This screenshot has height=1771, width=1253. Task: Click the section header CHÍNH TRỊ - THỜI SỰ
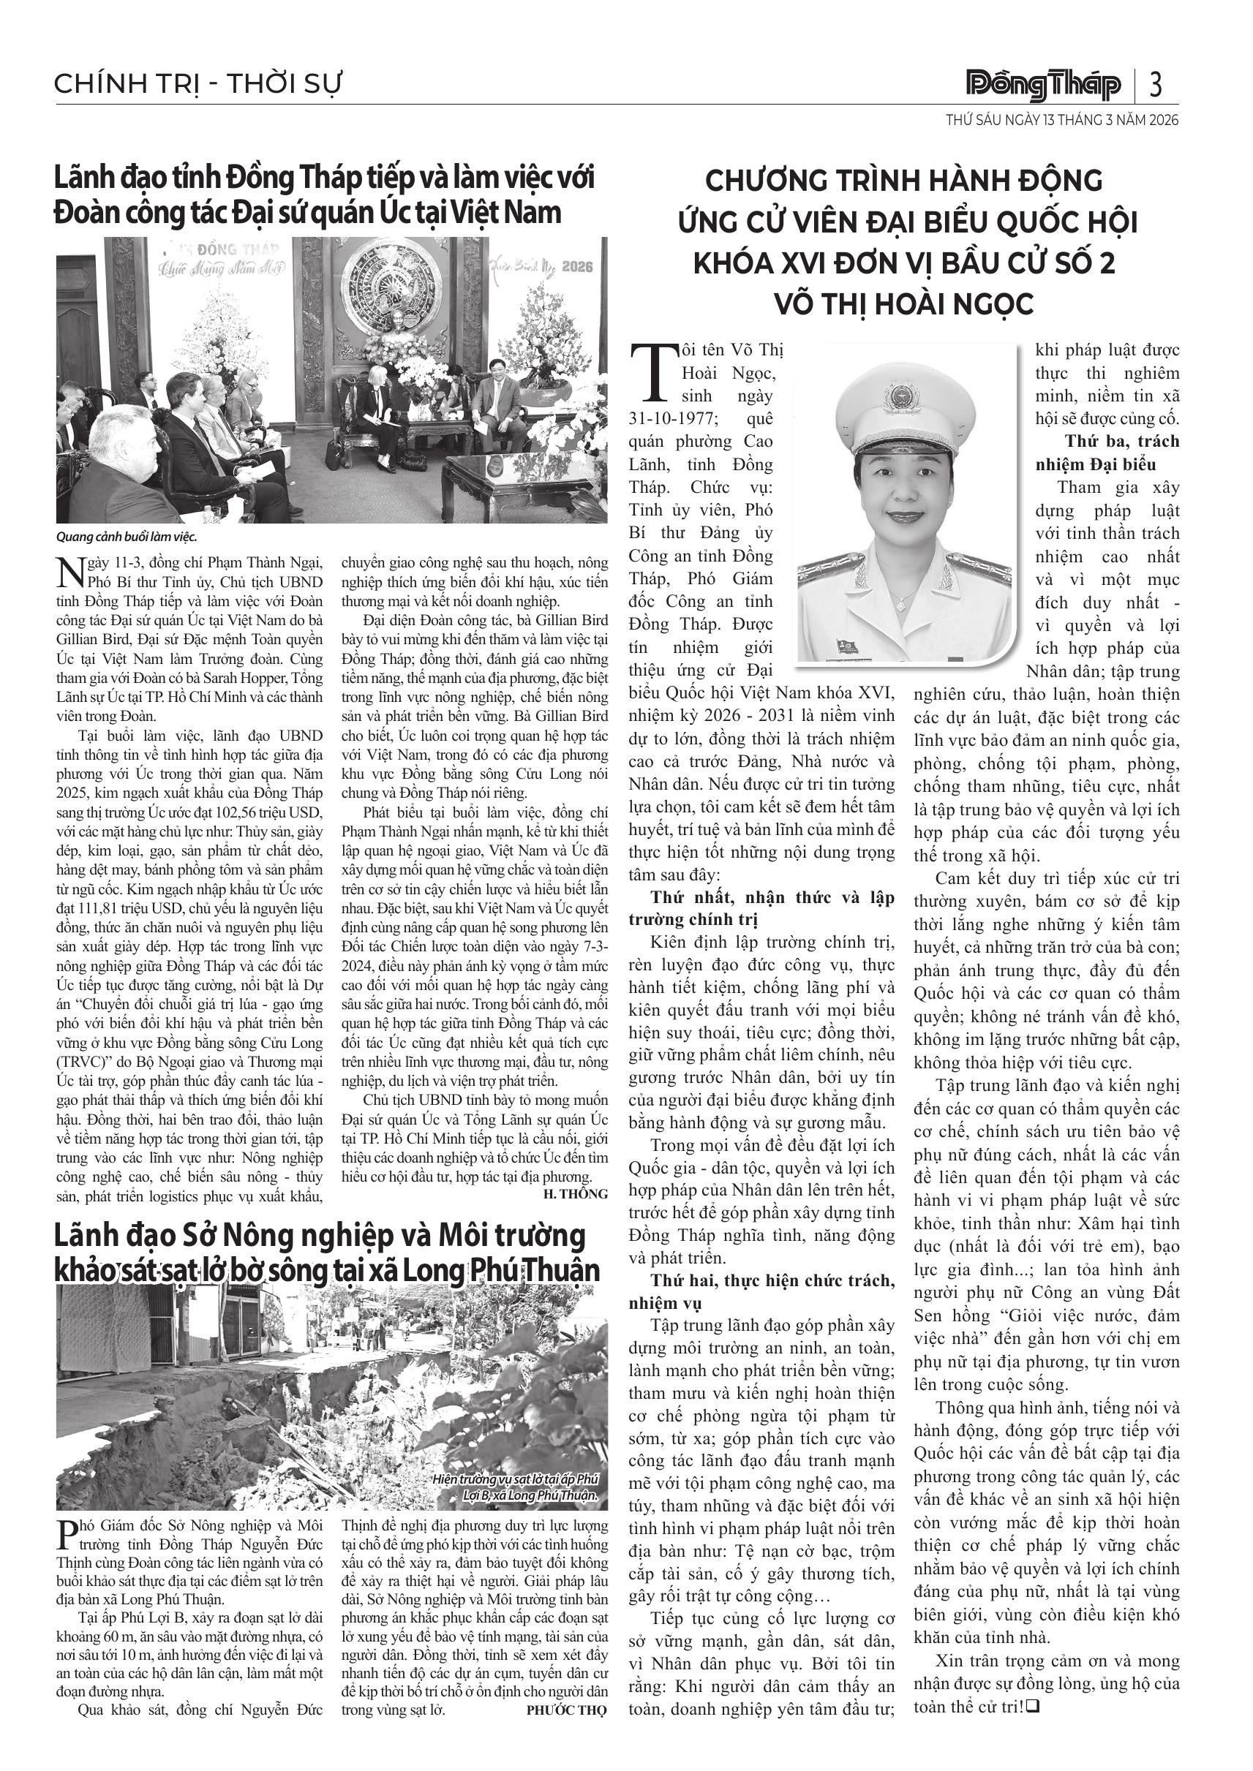point(197,83)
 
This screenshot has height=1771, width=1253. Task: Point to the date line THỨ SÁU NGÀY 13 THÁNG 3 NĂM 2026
point(1062,121)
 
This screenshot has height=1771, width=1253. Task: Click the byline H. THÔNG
point(576,1194)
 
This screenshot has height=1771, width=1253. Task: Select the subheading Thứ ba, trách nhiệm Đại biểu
point(1107,453)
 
